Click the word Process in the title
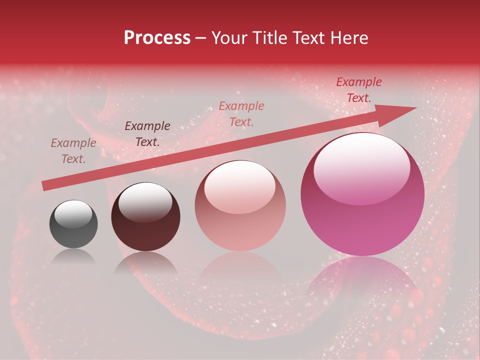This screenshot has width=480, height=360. click(x=157, y=38)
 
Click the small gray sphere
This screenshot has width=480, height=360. click(x=73, y=224)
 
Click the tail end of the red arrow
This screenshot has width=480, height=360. click(x=44, y=186)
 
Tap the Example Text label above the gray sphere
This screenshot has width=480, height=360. click(x=73, y=151)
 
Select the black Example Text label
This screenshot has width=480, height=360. click(x=147, y=134)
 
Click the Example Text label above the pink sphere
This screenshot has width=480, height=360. click(x=241, y=114)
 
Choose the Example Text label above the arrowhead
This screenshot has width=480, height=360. click(x=359, y=90)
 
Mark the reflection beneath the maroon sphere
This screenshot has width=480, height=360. click(x=145, y=262)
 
